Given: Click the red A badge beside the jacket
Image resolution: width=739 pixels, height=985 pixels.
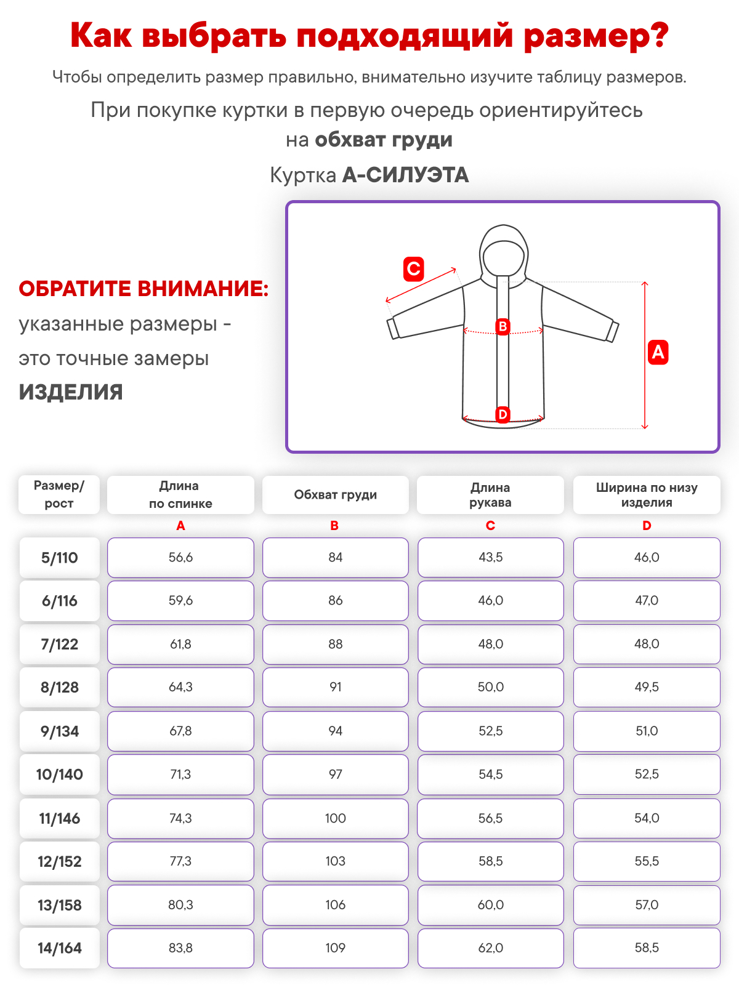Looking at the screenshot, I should [658, 352].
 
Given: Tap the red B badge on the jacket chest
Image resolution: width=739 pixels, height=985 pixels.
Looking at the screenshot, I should [503, 326].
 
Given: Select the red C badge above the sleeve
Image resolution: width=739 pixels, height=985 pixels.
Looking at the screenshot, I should [413, 269].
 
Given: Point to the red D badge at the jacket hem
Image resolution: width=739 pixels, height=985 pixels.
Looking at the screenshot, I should [503, 414].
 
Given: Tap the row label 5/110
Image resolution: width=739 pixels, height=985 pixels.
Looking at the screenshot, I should [60, 558].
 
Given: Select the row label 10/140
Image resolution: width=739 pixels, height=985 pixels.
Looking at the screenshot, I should [60, 774].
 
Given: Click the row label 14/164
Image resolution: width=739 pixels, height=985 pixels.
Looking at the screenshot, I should [60, 948].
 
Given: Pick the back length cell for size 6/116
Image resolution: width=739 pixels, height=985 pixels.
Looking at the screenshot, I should [180, 600].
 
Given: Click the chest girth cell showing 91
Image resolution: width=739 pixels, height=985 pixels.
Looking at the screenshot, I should [335, 687].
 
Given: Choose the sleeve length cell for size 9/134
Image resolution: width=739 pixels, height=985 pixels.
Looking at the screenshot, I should [490, 731].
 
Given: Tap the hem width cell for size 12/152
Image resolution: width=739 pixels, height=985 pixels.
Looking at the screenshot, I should [647, 861].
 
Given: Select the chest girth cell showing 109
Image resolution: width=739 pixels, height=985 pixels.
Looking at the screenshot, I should [335, 948].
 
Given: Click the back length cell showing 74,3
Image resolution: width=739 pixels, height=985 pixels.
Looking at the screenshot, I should [180, 818].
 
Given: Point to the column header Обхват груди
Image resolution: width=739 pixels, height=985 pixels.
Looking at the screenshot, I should [335, 495].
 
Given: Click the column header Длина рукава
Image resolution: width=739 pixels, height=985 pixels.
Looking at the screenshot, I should [490, 495].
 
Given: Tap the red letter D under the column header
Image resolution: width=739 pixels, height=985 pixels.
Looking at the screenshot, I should [647, 526].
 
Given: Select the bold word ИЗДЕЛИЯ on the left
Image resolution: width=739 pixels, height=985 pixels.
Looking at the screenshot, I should [71, 392].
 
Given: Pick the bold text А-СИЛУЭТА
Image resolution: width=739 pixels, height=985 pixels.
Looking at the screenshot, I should [405, 175].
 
